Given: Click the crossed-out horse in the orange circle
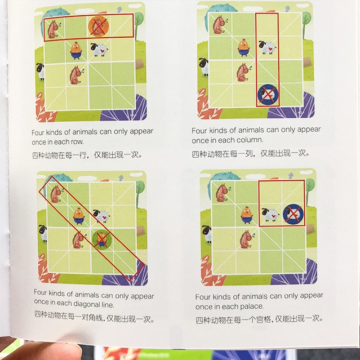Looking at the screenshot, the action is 98,26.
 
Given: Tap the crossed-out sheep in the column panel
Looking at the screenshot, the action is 268,94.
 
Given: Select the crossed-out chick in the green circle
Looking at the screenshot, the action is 102,239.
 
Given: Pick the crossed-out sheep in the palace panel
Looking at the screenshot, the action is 293,215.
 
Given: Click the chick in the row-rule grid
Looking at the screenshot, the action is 76,51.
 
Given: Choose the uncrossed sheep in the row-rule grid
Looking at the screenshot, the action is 99,50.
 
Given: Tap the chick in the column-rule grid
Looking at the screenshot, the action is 243,48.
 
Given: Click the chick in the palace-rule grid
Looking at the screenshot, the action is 247,215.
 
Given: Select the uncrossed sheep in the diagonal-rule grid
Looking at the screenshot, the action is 101,216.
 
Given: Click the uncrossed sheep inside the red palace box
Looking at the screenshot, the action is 270,215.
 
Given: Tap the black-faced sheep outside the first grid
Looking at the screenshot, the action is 41,71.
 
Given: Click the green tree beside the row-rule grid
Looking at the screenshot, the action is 139,23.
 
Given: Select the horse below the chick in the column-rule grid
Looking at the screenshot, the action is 243,72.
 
